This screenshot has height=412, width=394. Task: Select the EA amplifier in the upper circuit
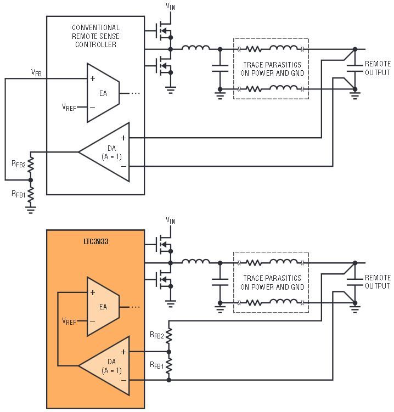coord(103,93)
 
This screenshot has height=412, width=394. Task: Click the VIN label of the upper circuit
coord(171,7)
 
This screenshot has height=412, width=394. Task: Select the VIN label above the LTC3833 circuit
coord(171,221)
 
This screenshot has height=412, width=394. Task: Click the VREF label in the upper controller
coord(70,107)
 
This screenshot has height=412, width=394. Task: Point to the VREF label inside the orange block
coord(70,321)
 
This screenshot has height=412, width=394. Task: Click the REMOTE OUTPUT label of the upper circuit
coord(378,68)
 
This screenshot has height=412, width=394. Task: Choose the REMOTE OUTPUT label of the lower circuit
coord(378,282)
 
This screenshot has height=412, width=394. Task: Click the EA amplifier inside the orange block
coord(103,307)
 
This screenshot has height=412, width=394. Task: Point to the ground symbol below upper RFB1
coord(31,209)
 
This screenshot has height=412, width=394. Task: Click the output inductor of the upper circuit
coord(195,49)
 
